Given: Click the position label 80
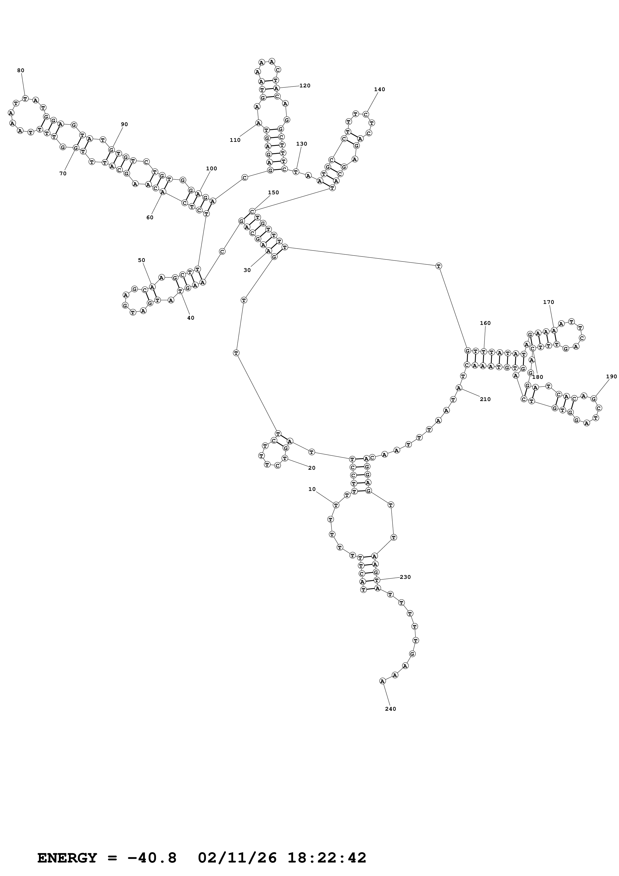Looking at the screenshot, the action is (20, 70).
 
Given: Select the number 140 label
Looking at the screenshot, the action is (380, 89).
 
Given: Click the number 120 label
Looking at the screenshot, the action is (305, 85).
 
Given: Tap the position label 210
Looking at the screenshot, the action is (485, 399).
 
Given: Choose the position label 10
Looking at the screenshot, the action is (312, 489).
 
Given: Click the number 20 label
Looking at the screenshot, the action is (312, 468).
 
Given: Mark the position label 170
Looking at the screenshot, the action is (548, 302).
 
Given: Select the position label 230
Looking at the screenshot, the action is (405, 577).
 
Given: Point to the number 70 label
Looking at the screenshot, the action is (63, 173).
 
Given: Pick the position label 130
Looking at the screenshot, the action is (301, 144).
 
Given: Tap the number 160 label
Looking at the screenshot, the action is (485, 323).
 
